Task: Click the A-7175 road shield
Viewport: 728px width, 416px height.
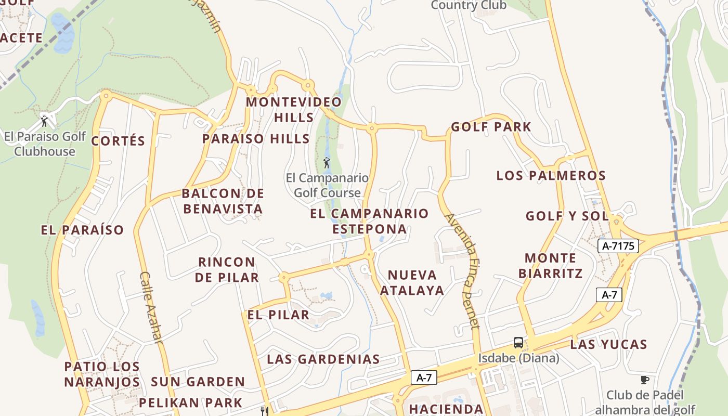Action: point(619,246)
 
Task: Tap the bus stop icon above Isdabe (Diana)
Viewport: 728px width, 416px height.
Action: point(518,343)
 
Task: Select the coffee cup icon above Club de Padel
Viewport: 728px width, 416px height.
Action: point(645,380)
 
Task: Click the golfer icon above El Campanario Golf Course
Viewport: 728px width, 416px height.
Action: point(327,163)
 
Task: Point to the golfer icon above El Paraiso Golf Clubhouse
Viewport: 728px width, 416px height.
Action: point(44,122)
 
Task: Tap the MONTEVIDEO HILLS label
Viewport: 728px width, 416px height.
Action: point(294,109)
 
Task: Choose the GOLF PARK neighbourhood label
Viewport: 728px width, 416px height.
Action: point(491,127)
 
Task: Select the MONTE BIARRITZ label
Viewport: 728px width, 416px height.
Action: point(550,265)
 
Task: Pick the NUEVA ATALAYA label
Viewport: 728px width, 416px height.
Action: point(412,282)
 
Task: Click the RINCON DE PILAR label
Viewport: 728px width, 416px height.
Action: point(227,269)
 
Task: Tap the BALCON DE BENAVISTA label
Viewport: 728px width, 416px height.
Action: point(223,201)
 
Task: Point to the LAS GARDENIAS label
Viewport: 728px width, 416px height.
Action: point(323,359)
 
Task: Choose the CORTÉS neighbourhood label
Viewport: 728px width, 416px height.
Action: point(118,141)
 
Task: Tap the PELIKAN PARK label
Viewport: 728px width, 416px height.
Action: point(190,402)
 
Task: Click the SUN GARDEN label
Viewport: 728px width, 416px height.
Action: point(198,382)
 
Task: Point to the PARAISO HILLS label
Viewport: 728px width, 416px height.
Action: point(256,139)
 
